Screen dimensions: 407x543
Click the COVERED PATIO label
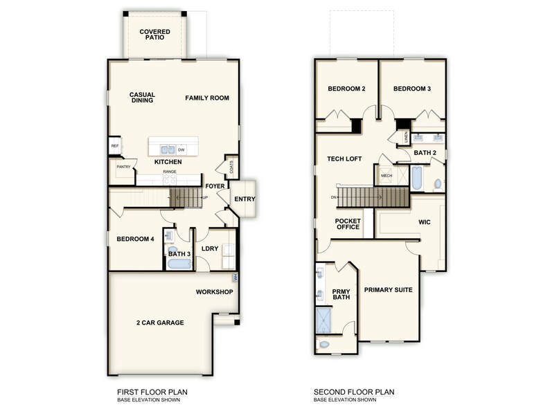[x=155, y=35]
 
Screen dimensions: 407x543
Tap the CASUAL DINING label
[x=142, y=98]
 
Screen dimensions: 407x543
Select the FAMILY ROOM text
[x=206, y=98]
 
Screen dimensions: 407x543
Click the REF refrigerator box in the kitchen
[x=115, y=146]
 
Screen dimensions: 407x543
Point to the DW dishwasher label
[x=181, y=149]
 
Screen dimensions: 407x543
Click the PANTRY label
[x=123, y=167]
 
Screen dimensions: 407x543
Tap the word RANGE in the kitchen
[x=169, y=172]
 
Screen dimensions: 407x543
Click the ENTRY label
[x=244, y=199]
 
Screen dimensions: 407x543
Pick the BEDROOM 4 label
[x=135, y=239]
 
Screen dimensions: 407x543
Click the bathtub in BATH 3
[x=179, y=264]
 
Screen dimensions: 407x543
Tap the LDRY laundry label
[x=209, y=248]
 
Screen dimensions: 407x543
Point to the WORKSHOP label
[x=214, y=291]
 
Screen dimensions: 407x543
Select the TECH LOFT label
[x=344, y=159]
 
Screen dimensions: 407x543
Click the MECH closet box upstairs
[x=386, y=176]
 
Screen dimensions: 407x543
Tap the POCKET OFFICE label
[x=348, y=224]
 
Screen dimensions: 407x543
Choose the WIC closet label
[x=425, y=223]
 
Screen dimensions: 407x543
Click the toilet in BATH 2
[x=437, y=184]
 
